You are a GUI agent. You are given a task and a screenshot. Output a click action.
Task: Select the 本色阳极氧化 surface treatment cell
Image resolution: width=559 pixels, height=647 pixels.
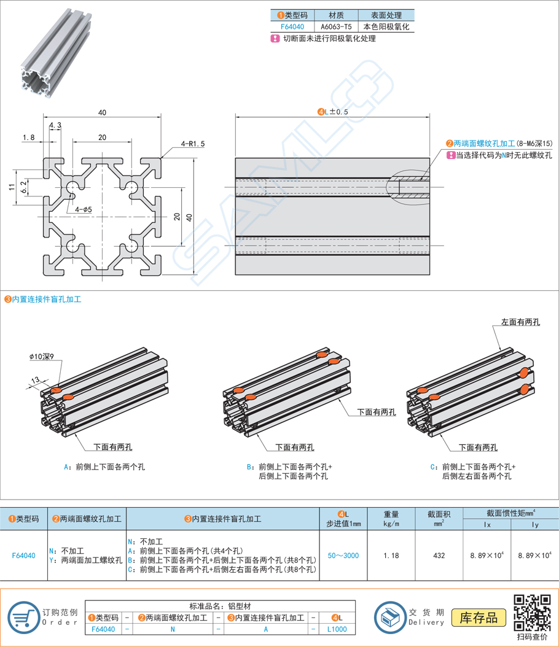point(386,27)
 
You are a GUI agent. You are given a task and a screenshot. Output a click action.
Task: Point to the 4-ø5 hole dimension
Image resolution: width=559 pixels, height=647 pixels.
point(83,209)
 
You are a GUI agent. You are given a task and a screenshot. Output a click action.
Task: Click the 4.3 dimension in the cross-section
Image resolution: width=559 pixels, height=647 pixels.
point(55,125)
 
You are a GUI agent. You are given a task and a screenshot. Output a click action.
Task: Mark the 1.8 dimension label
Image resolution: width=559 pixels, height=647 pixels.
point(28,137)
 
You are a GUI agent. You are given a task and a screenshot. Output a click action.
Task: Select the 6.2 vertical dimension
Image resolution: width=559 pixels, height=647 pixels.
point(24,187)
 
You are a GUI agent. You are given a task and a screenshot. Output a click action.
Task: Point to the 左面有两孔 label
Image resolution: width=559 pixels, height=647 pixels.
point(520,322)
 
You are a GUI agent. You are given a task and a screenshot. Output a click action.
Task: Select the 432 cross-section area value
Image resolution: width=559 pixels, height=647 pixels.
point(439,556)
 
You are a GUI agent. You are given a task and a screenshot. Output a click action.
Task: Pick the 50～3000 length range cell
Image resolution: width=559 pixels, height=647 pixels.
point(343,556)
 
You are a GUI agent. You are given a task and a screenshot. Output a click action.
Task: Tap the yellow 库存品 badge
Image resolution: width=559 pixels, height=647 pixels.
point(479,618)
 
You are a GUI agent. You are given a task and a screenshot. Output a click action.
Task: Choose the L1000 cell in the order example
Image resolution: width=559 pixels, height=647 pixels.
point(337,629)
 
